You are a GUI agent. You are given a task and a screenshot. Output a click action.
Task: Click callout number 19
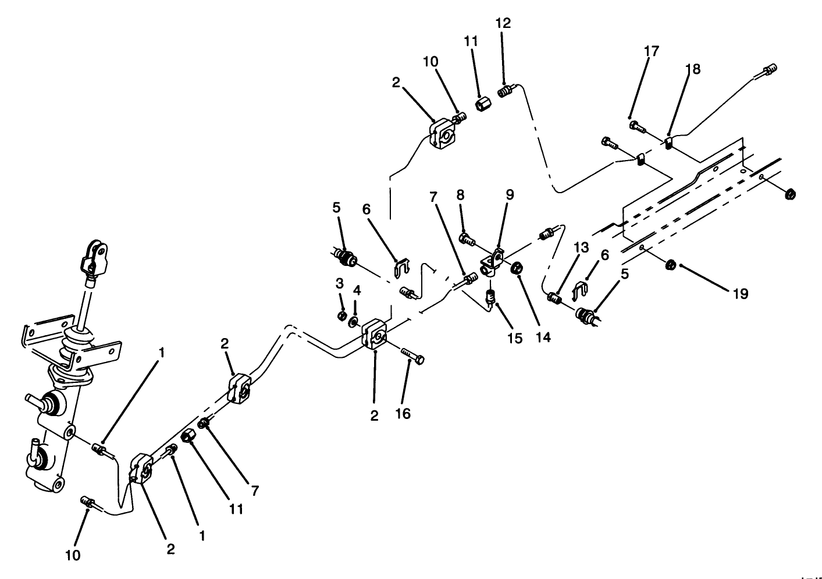pos(740,293)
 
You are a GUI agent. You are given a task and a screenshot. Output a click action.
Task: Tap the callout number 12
pos(503,23)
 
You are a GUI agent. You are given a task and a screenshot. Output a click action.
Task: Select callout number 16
pos(403,414)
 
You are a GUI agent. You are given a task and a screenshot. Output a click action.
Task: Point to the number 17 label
pos(652,51)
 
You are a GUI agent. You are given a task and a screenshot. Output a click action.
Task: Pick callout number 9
pos(510,195)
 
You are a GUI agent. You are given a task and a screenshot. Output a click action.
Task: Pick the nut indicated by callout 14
pos(516,268)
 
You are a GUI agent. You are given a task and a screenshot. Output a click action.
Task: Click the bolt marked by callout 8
pos(466,238)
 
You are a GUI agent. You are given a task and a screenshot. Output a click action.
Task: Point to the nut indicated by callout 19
pos(670,265)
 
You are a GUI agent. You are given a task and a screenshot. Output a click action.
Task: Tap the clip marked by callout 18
pos(669,142)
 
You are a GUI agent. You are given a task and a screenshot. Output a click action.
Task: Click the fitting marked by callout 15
pos(491,298)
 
